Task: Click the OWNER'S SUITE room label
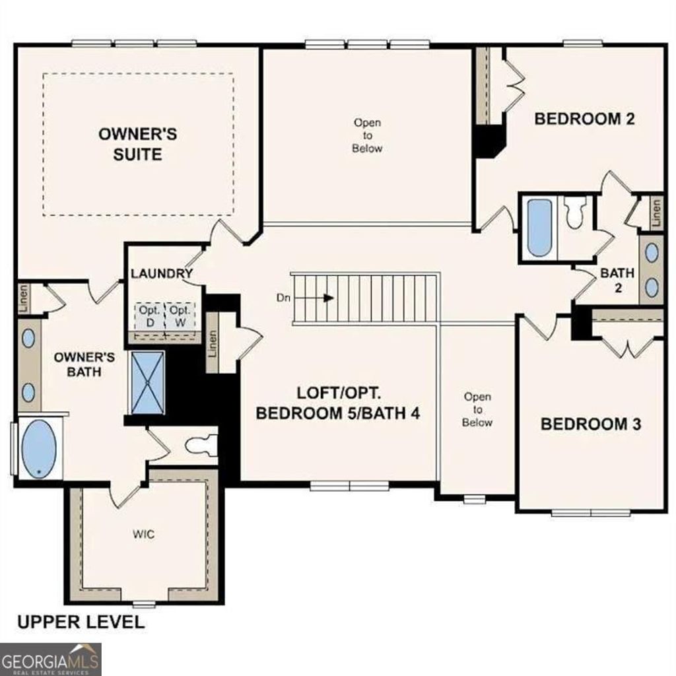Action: click(x=137, y=144)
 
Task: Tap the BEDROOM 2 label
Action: click(x=584, y=119)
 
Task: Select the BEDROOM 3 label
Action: click(x=590, y=424)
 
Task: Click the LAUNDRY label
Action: click(x=161, y=273)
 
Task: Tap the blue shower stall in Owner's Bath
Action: click(x=147, y=383)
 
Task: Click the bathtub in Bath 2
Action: click(x=539, y=227)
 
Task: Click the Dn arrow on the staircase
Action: click(x=327, y=298)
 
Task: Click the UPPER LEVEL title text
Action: click(x=80, y=622)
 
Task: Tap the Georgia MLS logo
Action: click(x=51, y=659)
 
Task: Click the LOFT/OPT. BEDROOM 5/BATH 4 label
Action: click(x=338, y=403)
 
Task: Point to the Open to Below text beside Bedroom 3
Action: click(x=477, y=409)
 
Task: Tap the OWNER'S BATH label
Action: click(x=84, y=364)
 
